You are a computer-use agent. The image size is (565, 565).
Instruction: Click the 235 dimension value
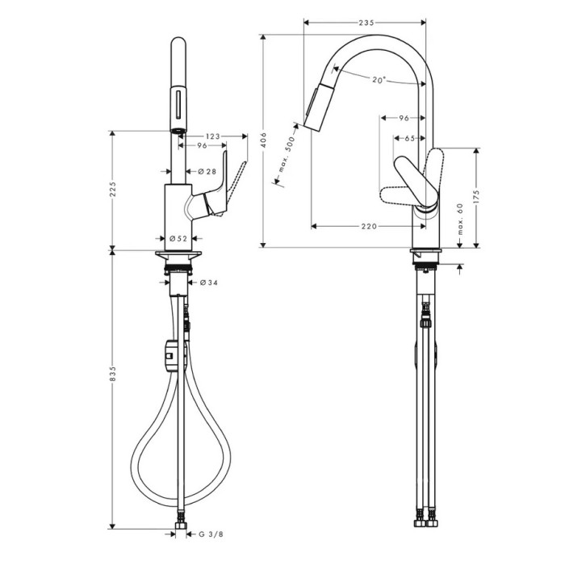pyautogui.click(x=366, y=23)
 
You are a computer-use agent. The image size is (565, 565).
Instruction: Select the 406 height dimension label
pyautogui.click(x=263, y=140)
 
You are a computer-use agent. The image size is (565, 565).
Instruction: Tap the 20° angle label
pyautogui.click(x=379, y=80)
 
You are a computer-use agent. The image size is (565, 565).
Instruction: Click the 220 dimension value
pyautogui.click(x=369, y=226)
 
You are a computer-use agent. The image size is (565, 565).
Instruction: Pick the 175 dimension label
pyautogui.click(x=476, y=198)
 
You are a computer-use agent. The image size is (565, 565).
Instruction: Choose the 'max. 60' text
pyautogui.click(x=459, y=219)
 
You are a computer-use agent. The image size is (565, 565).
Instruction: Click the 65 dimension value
pyautogui.click(x=410, y=138)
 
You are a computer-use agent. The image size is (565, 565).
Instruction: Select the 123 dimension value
pyautogui.click(x=212, y=136)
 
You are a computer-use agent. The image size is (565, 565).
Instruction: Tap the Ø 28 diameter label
pyautogui.click(x=207, y=171)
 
